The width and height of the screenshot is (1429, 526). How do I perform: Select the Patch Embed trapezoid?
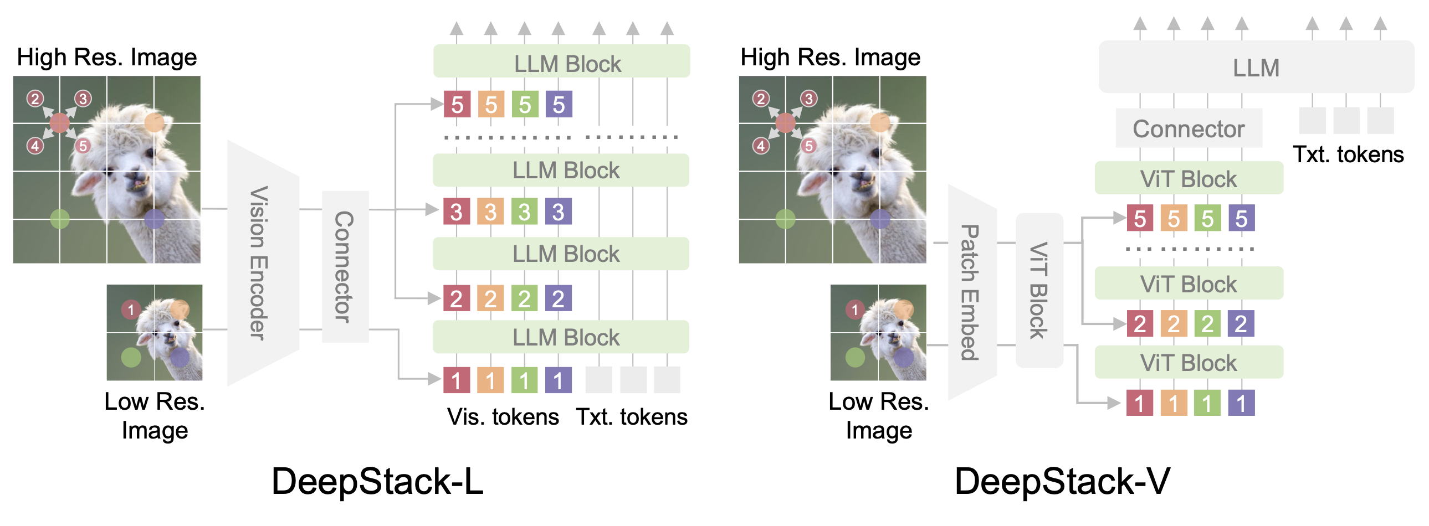coord(971,293)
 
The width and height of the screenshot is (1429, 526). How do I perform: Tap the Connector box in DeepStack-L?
coord(345,267)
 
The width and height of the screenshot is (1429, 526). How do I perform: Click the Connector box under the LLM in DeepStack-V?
coord(1188,128)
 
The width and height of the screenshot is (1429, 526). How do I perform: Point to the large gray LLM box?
coord(1256,68)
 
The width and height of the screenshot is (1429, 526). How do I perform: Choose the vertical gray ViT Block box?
coord(1039,290)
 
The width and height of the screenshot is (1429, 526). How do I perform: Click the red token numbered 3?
coord(457,212)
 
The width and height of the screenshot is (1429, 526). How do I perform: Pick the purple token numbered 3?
coord(558,212)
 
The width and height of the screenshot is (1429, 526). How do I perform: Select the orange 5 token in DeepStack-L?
coord(491,104)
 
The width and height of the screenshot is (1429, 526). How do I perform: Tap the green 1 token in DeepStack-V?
coord(1207,403)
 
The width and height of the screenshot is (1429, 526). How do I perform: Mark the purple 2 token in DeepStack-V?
coord(1241,324)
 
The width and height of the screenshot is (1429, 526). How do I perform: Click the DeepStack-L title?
coord(377,481)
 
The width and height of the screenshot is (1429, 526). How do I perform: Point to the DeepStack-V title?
coord(1062,481)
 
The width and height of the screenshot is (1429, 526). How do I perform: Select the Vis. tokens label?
coord(503,417)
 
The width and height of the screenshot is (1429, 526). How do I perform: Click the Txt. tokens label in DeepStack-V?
coord(1348,154)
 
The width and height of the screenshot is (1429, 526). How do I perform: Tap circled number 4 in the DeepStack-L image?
coord(35,146)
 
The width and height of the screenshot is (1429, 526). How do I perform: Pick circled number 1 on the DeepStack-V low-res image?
coord(855,310)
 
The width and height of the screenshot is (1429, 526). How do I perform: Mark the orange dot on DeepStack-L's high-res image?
coord(154,122)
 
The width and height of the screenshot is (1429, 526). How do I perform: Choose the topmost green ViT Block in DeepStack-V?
coord(1188,178)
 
